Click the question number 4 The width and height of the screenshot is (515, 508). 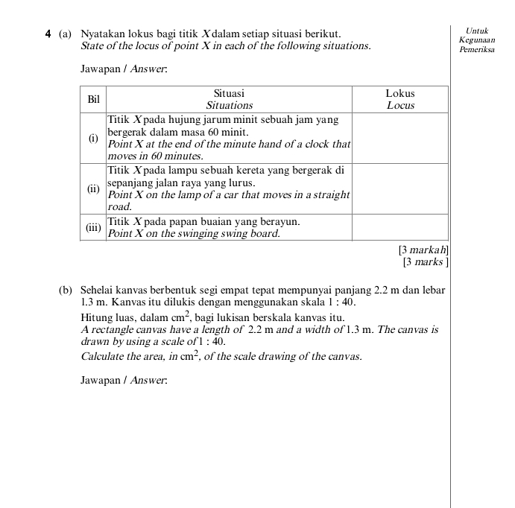tap(48, 34)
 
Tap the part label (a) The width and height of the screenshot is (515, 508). tap(66, 34)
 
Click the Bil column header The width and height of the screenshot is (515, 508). tap(93, 99)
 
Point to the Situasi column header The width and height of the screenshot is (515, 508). tap(229, 94)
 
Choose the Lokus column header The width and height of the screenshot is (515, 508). tap(399, 94)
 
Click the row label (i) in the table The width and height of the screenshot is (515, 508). tap(93, 138)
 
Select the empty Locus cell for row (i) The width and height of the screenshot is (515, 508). tap(399, 138)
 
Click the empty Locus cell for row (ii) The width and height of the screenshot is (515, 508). tap(399, 188)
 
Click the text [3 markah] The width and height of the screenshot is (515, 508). tap(423, 250)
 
